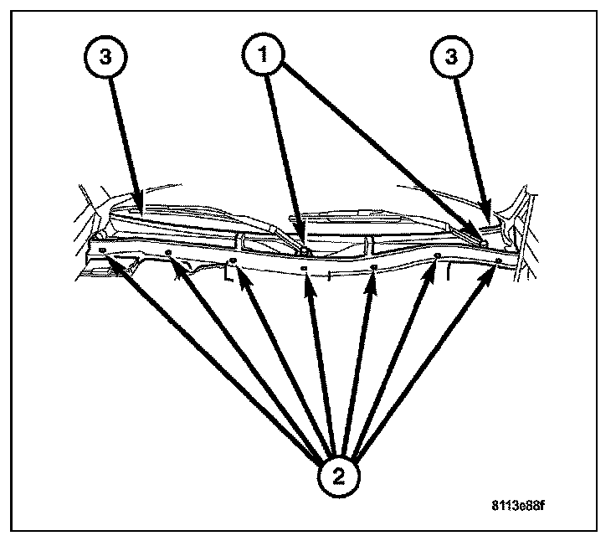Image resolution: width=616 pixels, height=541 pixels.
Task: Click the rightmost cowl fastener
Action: point(499,261)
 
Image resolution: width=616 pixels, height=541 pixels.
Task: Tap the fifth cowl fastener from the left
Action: point(373,267)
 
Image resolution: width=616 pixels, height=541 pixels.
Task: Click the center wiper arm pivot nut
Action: point(306,249)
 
